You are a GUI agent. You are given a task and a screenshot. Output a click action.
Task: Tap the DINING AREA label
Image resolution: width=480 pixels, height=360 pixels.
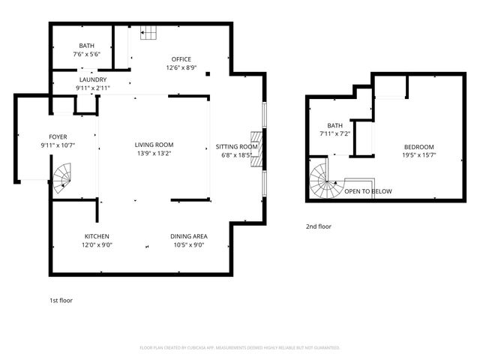(188, 236)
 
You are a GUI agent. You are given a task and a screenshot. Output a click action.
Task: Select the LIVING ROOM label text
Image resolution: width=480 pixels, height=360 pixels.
(154, 145)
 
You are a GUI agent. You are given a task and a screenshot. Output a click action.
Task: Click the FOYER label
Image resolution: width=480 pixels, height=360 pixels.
(58, 136)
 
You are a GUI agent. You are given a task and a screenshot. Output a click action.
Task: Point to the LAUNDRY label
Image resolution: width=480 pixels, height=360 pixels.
(91, 79)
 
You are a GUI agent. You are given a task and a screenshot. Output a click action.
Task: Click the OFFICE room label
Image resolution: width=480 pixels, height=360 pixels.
(181, 59)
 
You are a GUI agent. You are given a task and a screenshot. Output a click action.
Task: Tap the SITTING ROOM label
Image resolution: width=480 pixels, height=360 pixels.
(237, 147)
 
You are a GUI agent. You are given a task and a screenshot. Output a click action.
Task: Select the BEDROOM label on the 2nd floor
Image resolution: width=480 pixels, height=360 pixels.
(418, 147)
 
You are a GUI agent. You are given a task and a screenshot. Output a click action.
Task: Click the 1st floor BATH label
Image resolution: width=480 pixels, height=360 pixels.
(87, 46)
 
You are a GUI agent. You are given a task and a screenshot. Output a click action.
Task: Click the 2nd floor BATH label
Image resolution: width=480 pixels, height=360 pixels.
(334, 125)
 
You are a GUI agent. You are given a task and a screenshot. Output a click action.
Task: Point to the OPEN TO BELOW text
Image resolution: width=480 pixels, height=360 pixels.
(367, 191)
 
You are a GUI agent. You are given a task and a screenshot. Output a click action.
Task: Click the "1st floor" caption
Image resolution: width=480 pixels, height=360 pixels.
(61, 300)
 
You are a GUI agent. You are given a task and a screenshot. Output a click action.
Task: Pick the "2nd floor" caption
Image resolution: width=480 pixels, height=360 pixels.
(318, 226)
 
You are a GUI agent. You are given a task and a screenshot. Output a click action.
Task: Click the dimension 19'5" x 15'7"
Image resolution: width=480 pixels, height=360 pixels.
(418, 155)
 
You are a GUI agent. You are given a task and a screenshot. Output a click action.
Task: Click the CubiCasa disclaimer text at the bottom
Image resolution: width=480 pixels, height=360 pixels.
(240, 347)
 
